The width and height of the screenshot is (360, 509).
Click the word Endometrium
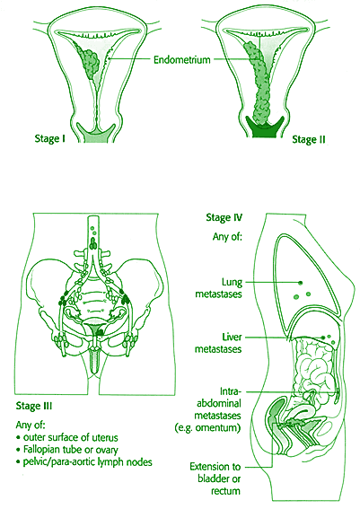pos(181,60)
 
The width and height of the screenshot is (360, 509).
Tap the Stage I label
pos(50,138)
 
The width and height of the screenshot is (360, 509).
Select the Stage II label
pos(309,139)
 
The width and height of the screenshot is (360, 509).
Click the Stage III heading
pos(34,406)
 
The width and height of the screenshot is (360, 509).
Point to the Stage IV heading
pos(224,217)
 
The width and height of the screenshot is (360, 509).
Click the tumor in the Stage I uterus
pos(91,62)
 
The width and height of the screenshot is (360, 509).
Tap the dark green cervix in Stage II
pos(265,127)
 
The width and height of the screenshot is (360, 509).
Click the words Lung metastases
pos(219,288)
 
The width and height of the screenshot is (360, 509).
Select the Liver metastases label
pos(218,343)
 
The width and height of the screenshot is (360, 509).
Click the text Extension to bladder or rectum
pos(215,478)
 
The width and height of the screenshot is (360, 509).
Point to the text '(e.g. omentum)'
pos(207,428)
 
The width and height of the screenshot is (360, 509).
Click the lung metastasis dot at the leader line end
pos(301,283)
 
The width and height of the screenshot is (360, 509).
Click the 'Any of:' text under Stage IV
pos(227,237)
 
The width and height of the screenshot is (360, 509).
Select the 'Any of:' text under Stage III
pos(31,425)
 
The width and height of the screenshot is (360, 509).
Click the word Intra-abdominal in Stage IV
pos(219,398)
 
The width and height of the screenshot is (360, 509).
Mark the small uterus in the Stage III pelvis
pos(93,329)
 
